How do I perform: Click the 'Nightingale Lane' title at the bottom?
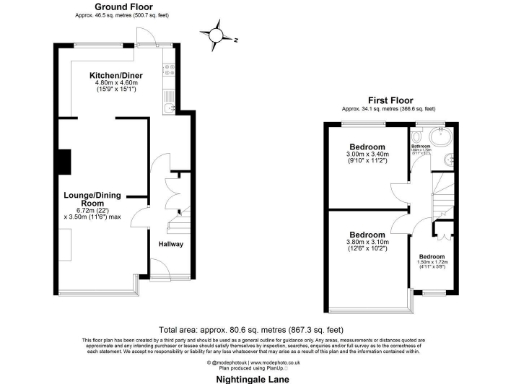255,379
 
